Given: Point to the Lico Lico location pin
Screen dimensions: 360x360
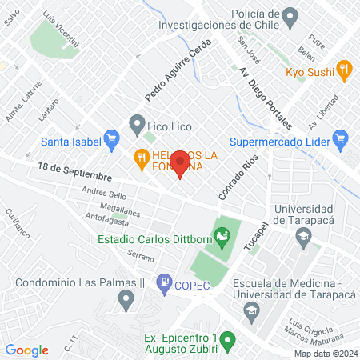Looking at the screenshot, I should (137, 123).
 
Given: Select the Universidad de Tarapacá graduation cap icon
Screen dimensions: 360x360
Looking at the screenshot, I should (303, 236).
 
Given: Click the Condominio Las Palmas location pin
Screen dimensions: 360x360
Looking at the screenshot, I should (125, 300).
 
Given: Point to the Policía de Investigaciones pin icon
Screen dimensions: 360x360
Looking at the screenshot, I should (290, 15).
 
